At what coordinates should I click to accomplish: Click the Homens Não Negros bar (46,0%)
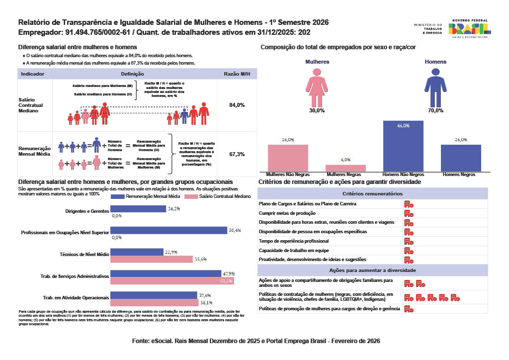(x=403, y=147)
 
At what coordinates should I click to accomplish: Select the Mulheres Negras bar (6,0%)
(x=345, y=168)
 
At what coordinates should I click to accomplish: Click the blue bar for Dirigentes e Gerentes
(x=138, y=209)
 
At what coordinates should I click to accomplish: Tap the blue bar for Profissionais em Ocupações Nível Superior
(x=169, y=230)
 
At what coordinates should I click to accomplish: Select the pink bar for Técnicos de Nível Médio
(x=151, y=259)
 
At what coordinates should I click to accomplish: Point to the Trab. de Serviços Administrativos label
(x=74, y=275)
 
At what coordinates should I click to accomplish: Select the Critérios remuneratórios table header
(x=373, y=193)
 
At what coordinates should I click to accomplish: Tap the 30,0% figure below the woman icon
(x=317, y=110)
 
